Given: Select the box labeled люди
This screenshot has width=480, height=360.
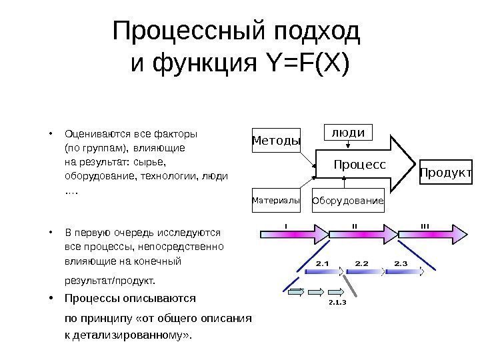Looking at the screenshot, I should point(348,133).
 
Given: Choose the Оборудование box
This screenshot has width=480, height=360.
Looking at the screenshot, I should point(349,201).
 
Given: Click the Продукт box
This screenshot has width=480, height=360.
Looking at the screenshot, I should point(446,174).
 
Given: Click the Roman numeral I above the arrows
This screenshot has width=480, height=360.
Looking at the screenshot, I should point(285,225).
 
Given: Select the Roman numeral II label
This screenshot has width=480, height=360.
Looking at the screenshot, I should point(354,225).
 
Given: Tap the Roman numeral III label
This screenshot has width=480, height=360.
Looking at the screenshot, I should point(425,225).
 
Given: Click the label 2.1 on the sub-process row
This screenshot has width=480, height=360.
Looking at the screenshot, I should point(323,264).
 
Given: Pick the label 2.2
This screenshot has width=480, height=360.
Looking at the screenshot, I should point(362,264).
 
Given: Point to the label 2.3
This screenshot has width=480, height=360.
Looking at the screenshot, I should point(401,264).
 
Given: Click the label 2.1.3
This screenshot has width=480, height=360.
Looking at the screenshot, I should point(338,302).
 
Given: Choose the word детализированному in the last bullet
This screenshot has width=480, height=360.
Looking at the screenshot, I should point(133,333).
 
